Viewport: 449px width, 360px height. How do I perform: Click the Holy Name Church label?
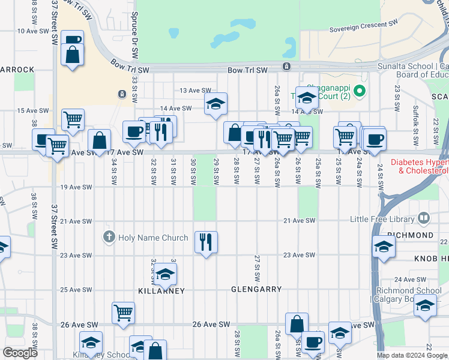coord(153,238)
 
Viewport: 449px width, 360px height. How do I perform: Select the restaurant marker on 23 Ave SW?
coord(206,242)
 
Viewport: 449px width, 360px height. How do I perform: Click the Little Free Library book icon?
coord(424,217)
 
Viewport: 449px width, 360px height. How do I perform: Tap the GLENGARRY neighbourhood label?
coord(256,289)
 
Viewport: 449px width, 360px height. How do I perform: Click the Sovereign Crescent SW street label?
coord(364,26)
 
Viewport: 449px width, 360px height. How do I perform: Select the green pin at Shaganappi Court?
coord(359,92)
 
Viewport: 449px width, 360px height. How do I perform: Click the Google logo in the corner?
coord(20,353)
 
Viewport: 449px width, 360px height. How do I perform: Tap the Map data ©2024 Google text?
coord(412,355)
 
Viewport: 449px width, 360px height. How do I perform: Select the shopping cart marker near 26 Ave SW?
coord(123,311)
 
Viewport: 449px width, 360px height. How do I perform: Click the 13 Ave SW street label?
coord(194,91)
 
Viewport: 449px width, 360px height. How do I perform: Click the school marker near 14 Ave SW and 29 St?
coord(215,104)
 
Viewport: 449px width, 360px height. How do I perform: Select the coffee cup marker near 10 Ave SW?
coord(72,40)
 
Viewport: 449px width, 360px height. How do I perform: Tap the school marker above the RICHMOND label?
coord(383,246)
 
